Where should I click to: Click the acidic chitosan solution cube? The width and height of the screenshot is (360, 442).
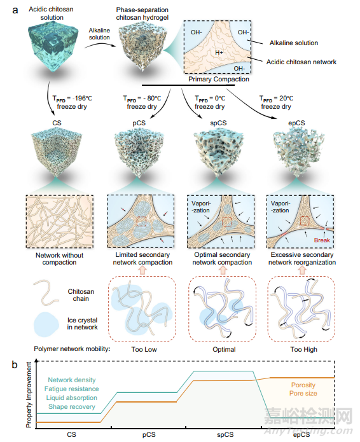(x=52, y=46)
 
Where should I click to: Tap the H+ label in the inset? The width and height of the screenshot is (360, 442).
(x=219, y=52)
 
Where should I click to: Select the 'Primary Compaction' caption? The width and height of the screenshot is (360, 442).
(x=219, y=79)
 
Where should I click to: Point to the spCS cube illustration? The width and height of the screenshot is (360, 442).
(x=219, y=152)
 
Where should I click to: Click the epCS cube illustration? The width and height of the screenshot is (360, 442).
(x=298, y=152)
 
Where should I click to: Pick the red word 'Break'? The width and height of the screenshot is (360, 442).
(x=322, y=240)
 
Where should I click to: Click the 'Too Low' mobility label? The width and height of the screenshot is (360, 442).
(x=144, y=350)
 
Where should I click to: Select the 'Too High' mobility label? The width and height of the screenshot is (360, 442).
(x=303, y=350)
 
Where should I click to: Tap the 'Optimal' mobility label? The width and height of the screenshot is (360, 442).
(x=224, y=350)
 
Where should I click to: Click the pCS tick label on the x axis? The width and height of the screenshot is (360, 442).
(x=149, y=434)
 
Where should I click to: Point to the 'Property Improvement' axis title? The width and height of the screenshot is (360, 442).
(x=29, y=395)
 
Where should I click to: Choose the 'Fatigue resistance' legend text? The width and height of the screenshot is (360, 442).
(x=72, y=389)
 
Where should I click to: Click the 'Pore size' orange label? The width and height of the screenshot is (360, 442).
(x=303, y=393)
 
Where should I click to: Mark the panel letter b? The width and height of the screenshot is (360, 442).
(x=15, y=364)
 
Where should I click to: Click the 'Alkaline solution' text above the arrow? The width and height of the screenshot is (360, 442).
(x=99, y=34)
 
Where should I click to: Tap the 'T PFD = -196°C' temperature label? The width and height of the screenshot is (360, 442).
(x=72, y=99)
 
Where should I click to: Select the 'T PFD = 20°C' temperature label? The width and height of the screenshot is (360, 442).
(x=276, y=99)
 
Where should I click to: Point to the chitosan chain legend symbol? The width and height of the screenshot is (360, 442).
(x=46, y=293)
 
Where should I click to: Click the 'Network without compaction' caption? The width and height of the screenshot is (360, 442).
(x=59, y=259)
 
